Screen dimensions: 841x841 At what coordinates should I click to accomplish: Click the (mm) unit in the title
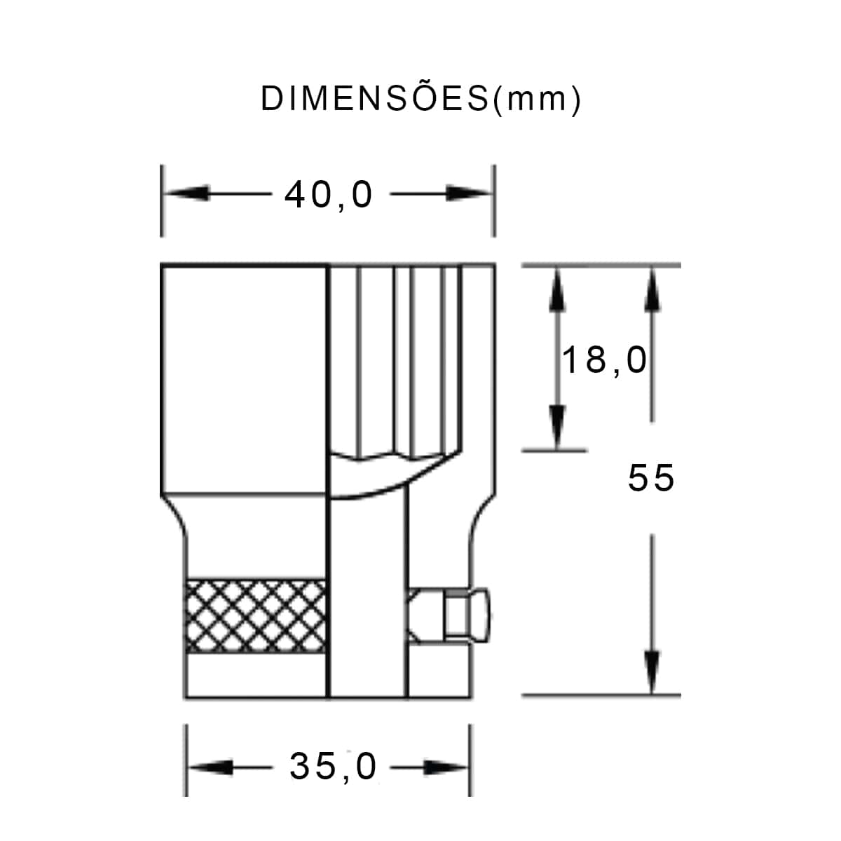point(536,100)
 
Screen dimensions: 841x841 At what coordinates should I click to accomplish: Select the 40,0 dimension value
point(329,195)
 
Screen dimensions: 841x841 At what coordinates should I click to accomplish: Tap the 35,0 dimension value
point(334,767)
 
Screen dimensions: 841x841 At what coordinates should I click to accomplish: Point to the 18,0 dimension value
point(604,360)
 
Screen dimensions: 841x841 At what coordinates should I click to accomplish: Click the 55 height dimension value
point(651,478)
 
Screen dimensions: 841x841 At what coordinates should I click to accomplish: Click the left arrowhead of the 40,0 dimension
point(184,194)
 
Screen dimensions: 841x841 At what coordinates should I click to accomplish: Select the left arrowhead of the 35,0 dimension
point(210,767)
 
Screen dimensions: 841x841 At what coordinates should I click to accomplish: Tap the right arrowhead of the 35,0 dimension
point(446,767)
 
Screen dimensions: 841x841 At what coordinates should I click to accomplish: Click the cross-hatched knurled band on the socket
point(257,616)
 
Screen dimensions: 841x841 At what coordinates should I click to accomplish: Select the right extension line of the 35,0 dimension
point(470,760)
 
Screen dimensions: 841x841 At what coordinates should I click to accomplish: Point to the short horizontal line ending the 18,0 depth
point(554,450)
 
